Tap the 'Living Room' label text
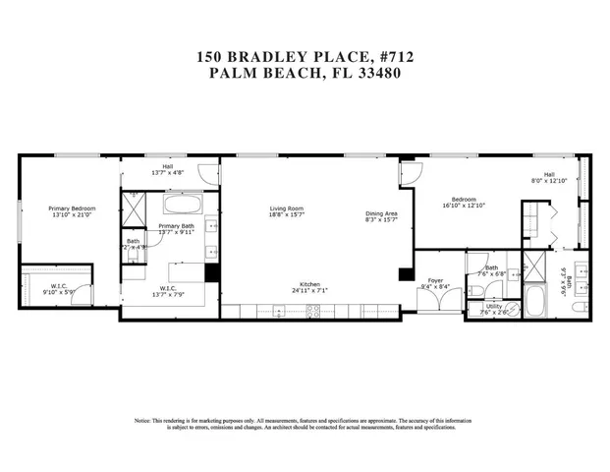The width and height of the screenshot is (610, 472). pos(287,208)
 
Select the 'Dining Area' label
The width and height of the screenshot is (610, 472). pos(381,213)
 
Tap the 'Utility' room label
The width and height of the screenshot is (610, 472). pos(494,306)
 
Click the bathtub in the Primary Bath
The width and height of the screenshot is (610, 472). pos(182,206)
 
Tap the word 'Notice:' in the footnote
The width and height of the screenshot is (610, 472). pos(143,421)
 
